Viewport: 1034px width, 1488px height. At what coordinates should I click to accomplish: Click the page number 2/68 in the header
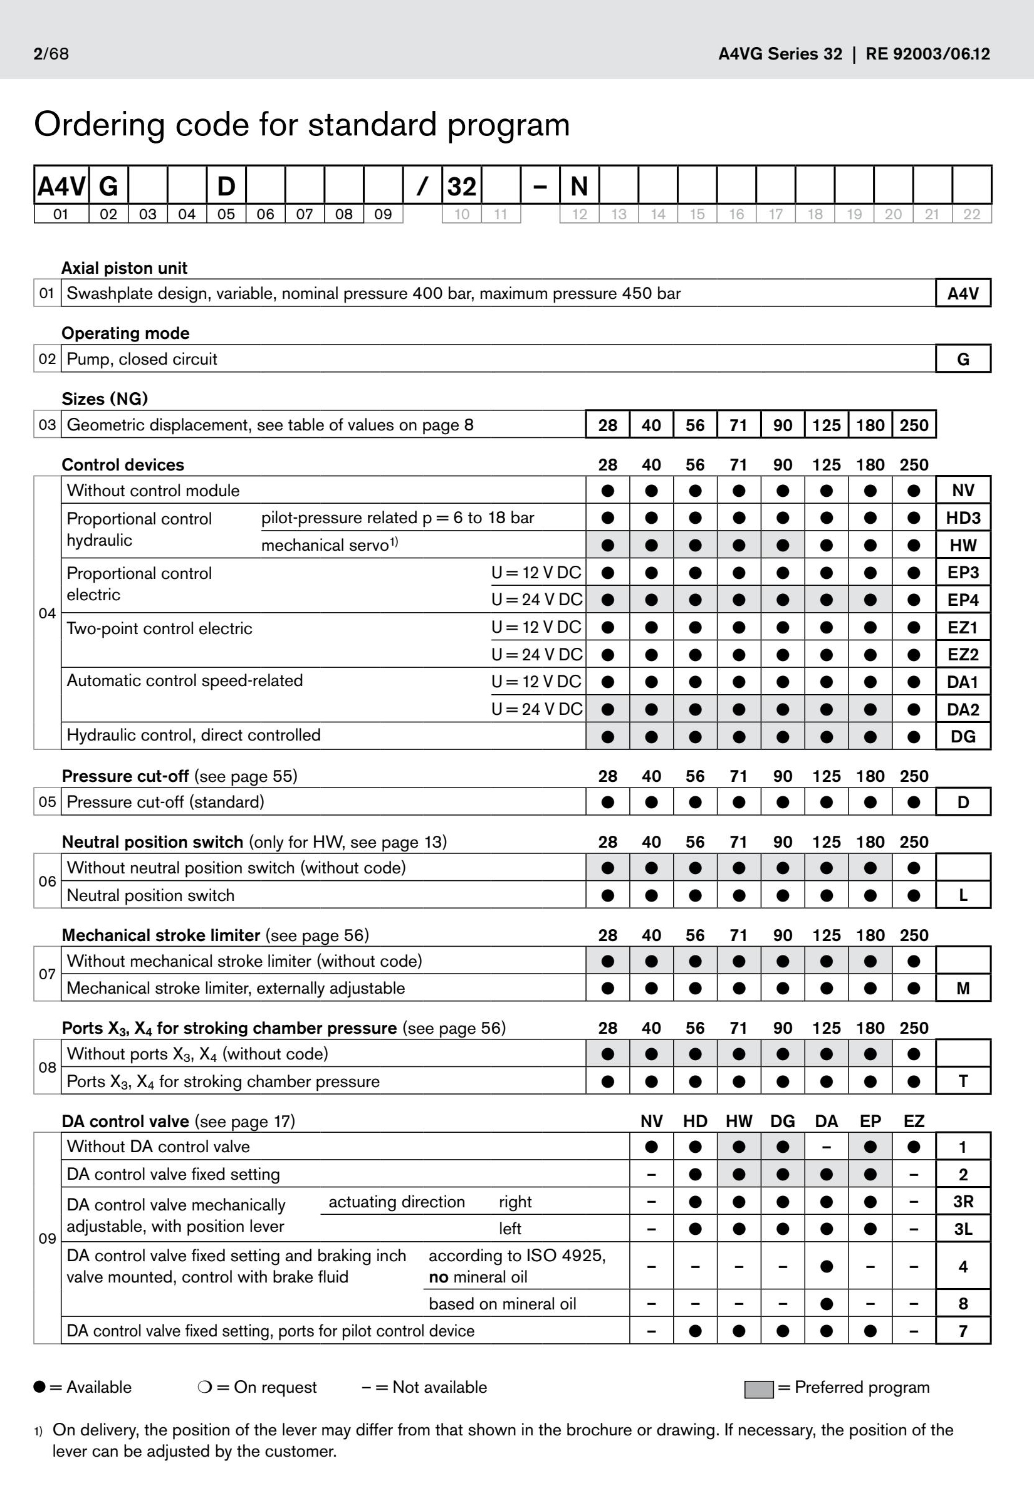tap(51, 54)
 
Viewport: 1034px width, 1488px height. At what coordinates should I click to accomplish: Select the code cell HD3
tap(963, 518)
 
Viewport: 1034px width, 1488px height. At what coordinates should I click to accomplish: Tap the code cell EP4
tap(963, 600)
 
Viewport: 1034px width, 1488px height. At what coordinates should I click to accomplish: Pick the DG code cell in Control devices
tap(963, 736)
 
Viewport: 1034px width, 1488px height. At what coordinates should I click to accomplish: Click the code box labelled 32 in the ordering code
tap(461, 187)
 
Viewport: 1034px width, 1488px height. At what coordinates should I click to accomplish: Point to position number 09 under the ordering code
tap(383, 214)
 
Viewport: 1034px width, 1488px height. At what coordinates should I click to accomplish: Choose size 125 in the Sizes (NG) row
tap(826, 425)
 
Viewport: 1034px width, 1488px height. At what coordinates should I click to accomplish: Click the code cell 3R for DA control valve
tap(963, 1202)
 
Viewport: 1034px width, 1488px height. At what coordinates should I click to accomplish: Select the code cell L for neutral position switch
tap(963, 895)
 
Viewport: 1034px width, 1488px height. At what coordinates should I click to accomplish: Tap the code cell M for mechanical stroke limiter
tap(963, 988)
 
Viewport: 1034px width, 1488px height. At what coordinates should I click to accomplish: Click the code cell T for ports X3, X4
tap(963, 1081)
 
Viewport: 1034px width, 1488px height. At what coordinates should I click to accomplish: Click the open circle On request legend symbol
tap(204, 1387)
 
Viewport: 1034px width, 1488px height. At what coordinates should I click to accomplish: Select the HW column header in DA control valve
tap(739, 1121)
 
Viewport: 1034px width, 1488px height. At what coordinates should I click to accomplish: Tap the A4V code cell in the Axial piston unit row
tap(963, 293)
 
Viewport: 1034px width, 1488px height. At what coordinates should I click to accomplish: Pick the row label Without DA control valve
tap(158, 1147)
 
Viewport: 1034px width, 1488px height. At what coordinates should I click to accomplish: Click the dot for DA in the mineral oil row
tap(826, 1303)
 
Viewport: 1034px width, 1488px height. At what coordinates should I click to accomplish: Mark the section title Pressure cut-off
tap(125, 776)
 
